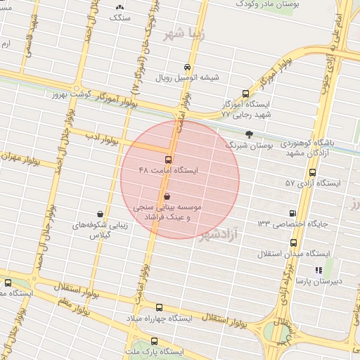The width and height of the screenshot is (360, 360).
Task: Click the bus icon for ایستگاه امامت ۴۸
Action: (168, 159)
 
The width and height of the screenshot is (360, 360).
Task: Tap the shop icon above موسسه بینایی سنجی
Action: (167, 196)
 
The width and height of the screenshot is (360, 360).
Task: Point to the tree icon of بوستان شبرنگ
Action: (248, 133)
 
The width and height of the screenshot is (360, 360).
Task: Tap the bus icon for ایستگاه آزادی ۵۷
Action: (312, 172)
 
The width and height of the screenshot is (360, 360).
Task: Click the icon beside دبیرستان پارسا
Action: (319, 269)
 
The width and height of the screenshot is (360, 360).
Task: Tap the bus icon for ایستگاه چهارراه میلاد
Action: (158, 308)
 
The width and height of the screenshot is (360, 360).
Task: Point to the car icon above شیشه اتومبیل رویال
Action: (186, 66)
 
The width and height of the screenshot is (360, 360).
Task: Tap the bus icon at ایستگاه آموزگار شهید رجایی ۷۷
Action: (245, 93)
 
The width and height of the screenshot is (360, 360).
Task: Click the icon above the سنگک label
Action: (119, 6)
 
